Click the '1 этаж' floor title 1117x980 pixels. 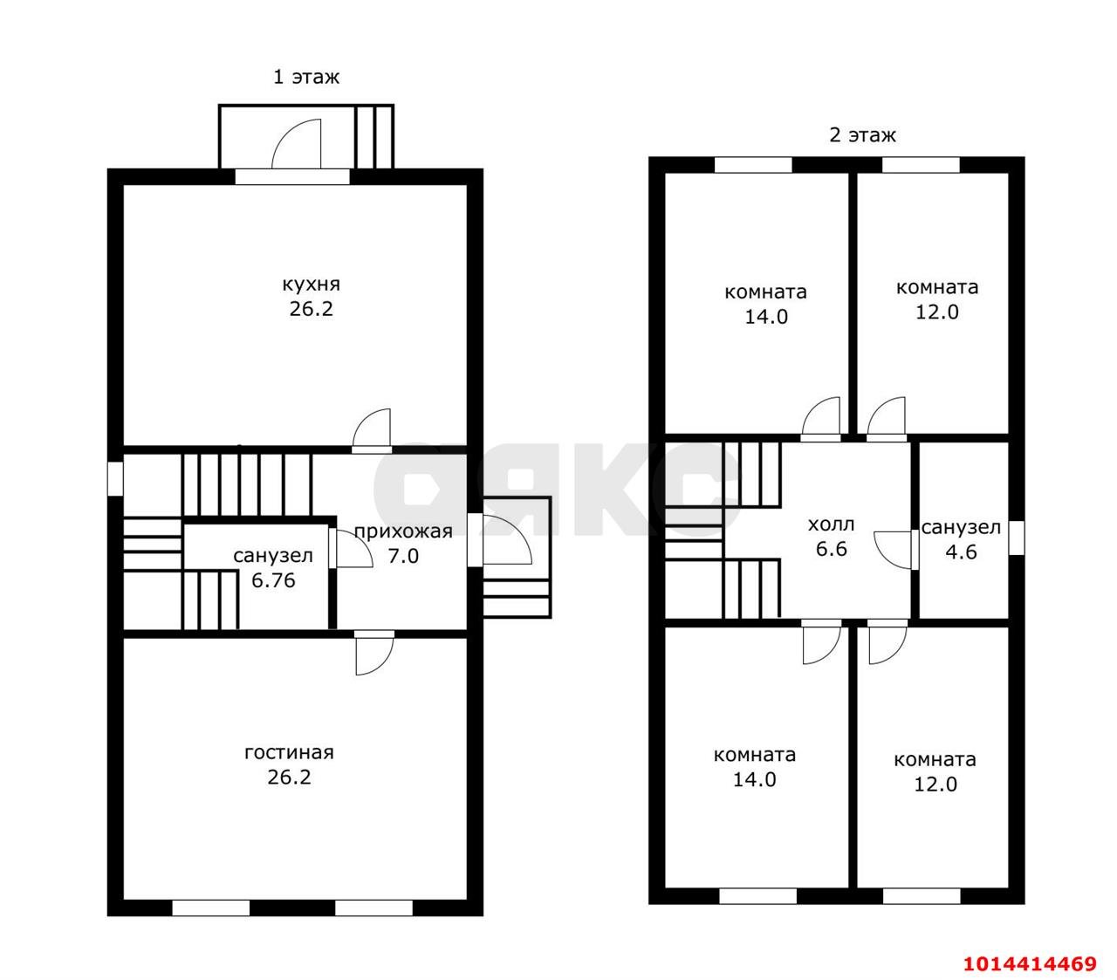coord(306,77)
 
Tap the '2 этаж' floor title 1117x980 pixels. coord(862,135)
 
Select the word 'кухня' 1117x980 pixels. coord(311,284)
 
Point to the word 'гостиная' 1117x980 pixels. coord(289,752)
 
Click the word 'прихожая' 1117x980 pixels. coord(403,531)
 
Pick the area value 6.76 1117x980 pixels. coord(273,580)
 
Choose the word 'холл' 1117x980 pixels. coord(831,524)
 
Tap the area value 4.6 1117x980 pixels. coord(961,552)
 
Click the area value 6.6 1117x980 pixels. coord(831,549)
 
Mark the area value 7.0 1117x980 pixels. coord(403,556)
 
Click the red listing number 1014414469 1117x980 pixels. coord(1030,963)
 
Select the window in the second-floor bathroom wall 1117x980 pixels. coord(1017,538)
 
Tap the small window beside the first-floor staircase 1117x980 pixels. coord(114,479)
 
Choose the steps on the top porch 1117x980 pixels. coord(373,136)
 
